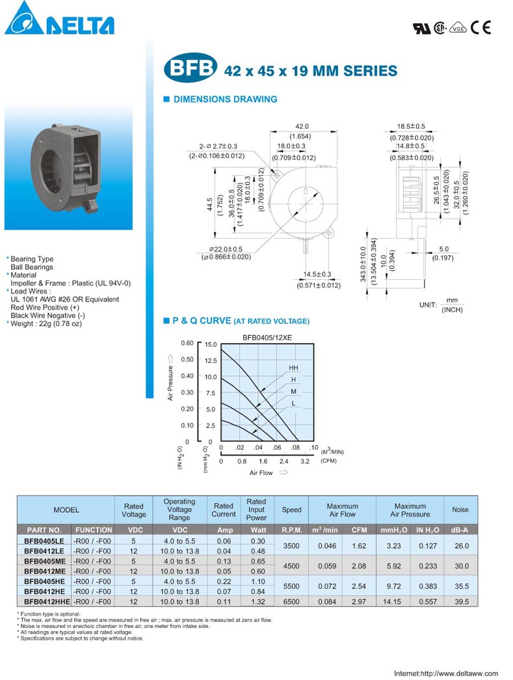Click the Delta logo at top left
pyautogui.click(x=59, y=19)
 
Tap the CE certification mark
pyautogui.click(x=480, y=27)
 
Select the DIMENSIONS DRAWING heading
pyautogui.click(x=224, y=100)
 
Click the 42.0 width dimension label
pyautogui.click(x=302, y=127)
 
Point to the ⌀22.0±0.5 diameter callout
pyautogui.click(x=226, y=249)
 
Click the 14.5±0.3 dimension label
pyautogui.click(x=318, y=275)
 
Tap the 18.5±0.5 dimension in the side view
pyautogui.click(x=411, y=126)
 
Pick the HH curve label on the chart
pyautogui.click(x=293, y=368)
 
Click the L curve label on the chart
pyautogui.click(x=293, y=403)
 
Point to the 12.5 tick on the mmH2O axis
pyautogui.click(x=210, y=360)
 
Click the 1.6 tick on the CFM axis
pyautogui.click(x=263, y=461)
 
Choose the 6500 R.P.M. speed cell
pyautogui.click(x=291, y=602)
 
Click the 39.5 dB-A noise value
pyautogui.click(x=461, y=602)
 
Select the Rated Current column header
pyautogui.click(x=224, y=510)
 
